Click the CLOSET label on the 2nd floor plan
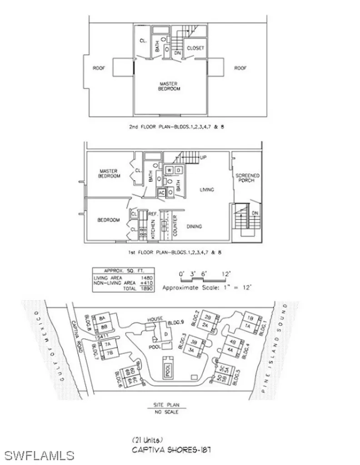tap(195, 47)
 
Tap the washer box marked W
tap(170, 170)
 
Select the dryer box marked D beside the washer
tap(178, 170)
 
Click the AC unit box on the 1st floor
tap(161, 192)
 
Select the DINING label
tap(194, 226)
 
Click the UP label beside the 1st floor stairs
tap(203, 158)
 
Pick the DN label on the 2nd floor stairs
tap(178, 53)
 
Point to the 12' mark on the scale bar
tap(226, 274)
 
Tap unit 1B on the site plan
tap(250, 317)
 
